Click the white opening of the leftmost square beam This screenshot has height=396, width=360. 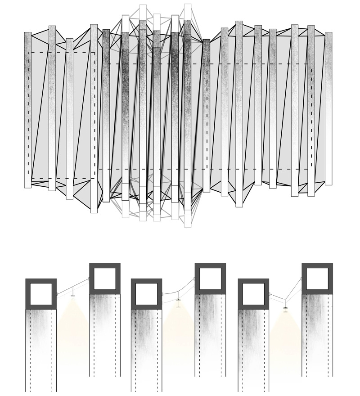coord(41,294)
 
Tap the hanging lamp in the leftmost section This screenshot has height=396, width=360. coord(73,297)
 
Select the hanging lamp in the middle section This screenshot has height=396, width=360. coord(179,300)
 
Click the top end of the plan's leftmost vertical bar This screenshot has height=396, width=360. coord(27,33)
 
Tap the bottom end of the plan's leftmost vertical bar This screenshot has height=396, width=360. coord(27,187)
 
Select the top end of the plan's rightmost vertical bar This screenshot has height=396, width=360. coord(328,33)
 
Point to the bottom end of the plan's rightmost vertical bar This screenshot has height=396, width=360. coord(328,184)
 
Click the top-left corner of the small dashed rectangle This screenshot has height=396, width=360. coord(28,53)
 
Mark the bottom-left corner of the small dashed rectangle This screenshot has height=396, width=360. coord(28,179)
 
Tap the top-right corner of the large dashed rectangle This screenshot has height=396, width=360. coord(311,64)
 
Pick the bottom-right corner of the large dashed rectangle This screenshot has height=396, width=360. coord(311,169)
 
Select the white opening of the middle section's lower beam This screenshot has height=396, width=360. coord(146,294)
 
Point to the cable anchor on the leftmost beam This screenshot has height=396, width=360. coord(57,294)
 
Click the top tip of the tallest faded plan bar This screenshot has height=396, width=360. coord(188,4)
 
